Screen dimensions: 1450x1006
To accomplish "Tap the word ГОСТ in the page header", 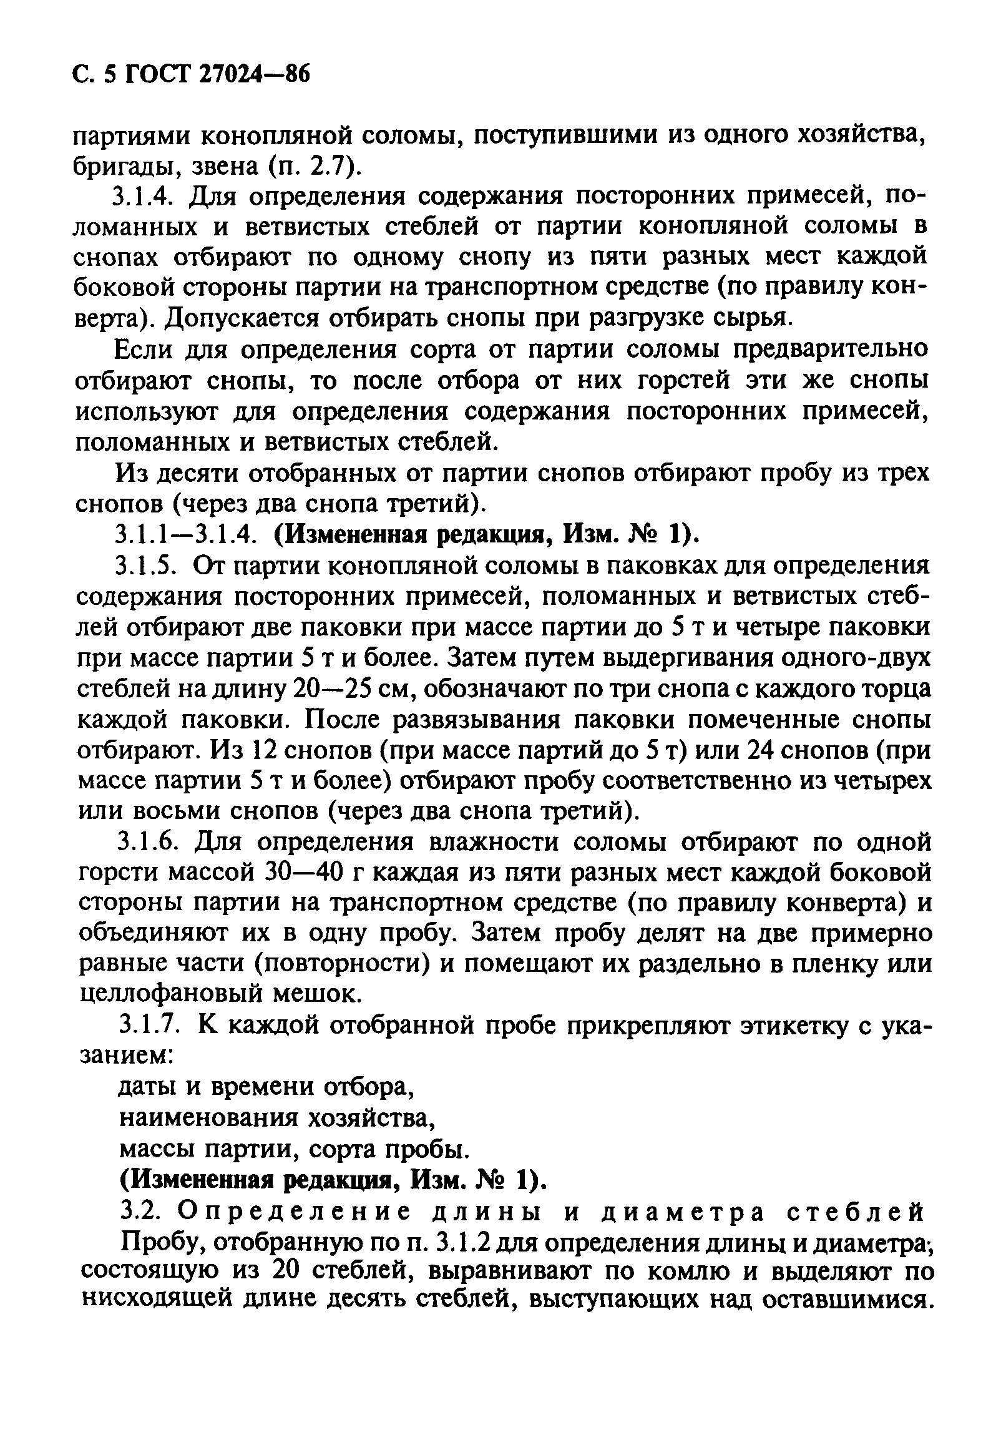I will coord(158,77).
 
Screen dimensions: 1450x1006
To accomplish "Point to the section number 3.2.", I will coord(142,1211).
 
